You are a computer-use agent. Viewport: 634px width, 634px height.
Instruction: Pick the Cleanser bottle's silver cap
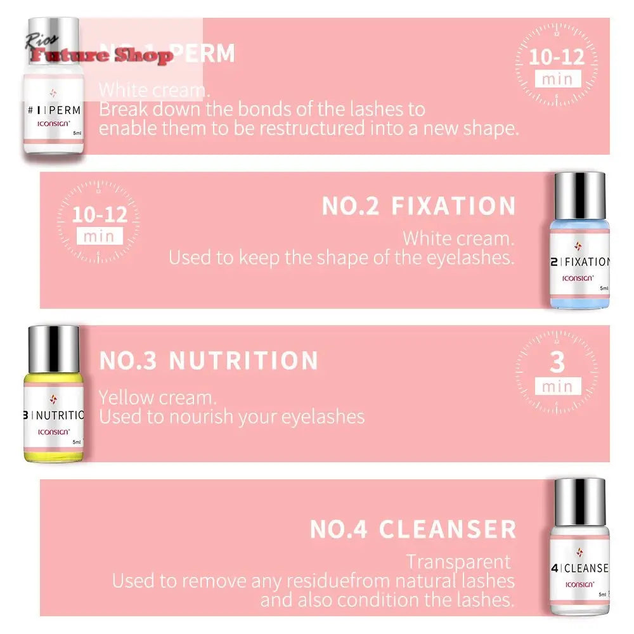[x=579, y=501]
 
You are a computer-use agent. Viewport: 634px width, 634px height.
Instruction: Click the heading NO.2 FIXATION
[x=418, y=207]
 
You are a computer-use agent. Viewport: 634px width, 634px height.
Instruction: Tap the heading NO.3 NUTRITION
[x=209, y=361]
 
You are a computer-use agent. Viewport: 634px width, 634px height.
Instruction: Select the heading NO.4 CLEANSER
[x=413, y=529]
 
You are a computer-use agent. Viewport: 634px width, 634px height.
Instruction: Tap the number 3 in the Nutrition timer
[x=557, y=363]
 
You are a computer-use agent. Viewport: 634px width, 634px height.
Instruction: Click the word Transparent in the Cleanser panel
[x=458, y=562]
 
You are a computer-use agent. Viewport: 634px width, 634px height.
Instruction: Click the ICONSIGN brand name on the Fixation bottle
[x=578, y=278]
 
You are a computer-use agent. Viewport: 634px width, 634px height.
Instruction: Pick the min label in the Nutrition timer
[x=557, y=386]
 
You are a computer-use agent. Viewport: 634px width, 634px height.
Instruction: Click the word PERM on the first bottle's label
[x=65, y=109]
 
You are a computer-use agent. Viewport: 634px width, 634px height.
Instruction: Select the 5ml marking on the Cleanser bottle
[x=602, y=595]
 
